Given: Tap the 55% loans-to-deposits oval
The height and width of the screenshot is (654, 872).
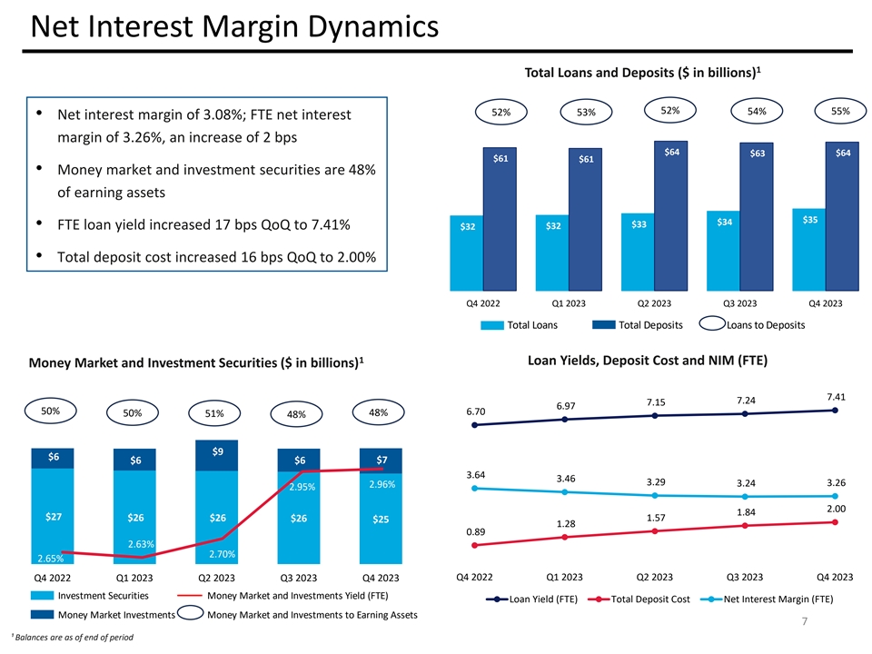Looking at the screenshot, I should click(x=839, y=111).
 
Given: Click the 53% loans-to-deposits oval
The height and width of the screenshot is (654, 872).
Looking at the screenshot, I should click(x=585, y=112).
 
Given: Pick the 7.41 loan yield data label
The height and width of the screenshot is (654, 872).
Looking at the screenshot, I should click(x=835, y=396).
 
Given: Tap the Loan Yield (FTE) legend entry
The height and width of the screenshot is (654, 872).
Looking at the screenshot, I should click(x=534, y=599).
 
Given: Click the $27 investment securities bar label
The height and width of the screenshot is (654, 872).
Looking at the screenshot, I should click(x=54, y=517).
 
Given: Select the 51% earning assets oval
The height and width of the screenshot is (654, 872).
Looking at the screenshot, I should click(x=214, y=413).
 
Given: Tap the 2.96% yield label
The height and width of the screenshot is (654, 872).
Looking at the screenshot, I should click(x=382, y=484).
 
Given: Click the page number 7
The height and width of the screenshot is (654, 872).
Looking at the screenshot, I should click(x=805, y=622).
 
